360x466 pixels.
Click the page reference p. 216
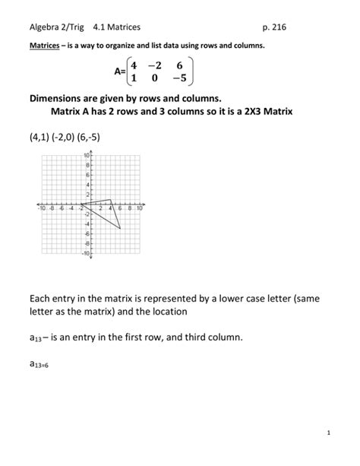point(273,27)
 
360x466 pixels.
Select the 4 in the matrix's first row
point(134,65)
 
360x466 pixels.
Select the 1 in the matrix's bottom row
point(134,78)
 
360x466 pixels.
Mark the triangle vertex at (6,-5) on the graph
point(120,228)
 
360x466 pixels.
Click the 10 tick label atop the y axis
point(86,155)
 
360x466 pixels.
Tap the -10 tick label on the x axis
point(43,208)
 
